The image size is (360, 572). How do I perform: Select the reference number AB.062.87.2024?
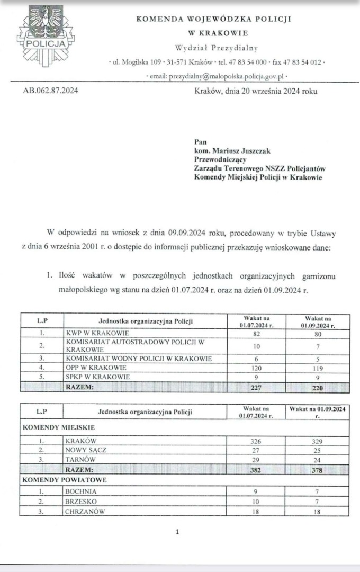point(51,91)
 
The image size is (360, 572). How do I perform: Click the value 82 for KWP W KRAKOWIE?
point(256,334)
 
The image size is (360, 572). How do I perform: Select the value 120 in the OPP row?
point(256,368)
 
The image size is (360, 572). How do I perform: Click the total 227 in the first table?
point(256,387)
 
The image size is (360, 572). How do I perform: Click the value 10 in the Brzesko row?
point(256,501)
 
